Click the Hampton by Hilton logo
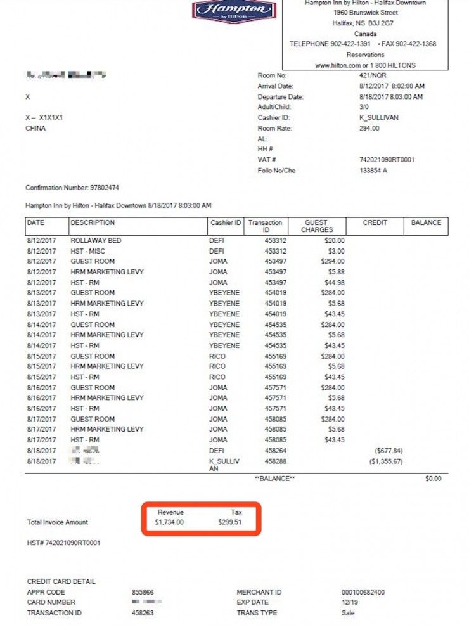click(x=234, y=11)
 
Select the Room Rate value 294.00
click(x=369, y=128)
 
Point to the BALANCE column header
click(x=426, y=223)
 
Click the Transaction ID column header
click(x=265, y=226)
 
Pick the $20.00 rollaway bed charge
click(x=333, y=241)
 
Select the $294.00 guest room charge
click(x=331, y=262)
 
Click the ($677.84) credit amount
click(x=389, y=451)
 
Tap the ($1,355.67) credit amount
click(x=385, y=461)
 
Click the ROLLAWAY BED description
click(x=96, y=241)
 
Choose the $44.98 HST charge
click(x=334, y=283)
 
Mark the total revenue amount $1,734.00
click(x=169, y=522)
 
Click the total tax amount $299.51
click(x=229, y=522)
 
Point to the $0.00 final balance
click(x=433, y=479)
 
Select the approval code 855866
click(x=143, y=592)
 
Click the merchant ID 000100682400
click(x=363, y=592)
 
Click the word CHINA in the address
click(x=35, y=128)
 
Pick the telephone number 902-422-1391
click(x=351, y=44)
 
